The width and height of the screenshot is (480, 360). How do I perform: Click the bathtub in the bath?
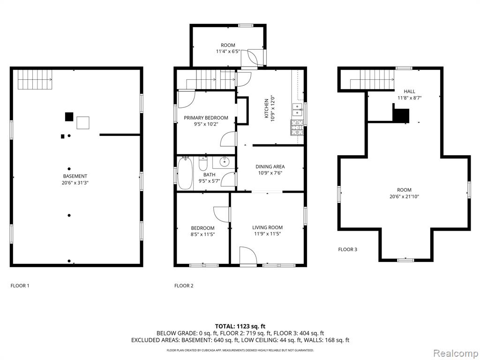point(185,173)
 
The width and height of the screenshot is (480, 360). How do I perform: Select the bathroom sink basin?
point(225,161)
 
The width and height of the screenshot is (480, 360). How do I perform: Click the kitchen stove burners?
point(297,127)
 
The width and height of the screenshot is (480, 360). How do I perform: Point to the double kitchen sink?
point(298,110)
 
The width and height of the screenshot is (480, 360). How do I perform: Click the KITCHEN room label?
point(266,108)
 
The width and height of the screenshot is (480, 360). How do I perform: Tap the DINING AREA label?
point(270,166)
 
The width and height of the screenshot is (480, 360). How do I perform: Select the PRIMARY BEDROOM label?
point(206,118)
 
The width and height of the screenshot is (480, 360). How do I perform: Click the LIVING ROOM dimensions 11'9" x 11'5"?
point(267,234)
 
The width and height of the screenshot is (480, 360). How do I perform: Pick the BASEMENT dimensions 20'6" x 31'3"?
point(75,183)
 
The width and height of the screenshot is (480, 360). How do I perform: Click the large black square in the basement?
point(69,117)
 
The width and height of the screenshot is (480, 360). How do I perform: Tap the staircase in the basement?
point(35,80)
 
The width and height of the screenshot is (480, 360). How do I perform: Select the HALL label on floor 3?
point(409,91)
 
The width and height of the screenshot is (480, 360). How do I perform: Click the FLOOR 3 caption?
point(347,249)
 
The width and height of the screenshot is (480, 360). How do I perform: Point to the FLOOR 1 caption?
point(20,285)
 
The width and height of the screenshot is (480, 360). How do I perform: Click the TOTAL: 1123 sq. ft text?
point(238,326)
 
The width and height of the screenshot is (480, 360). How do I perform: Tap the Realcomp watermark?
point(456,353)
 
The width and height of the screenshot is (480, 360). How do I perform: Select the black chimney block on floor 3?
point(401,113)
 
